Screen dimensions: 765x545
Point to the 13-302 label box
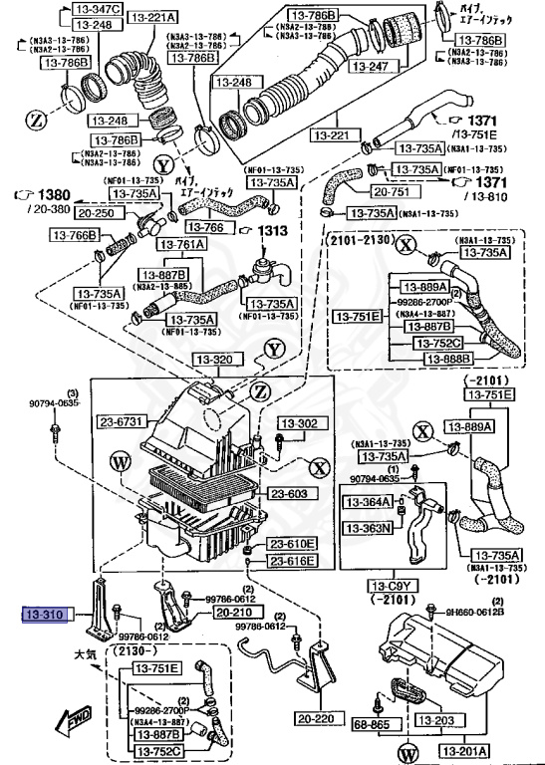300,423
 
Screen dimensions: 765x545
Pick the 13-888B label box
453,358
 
